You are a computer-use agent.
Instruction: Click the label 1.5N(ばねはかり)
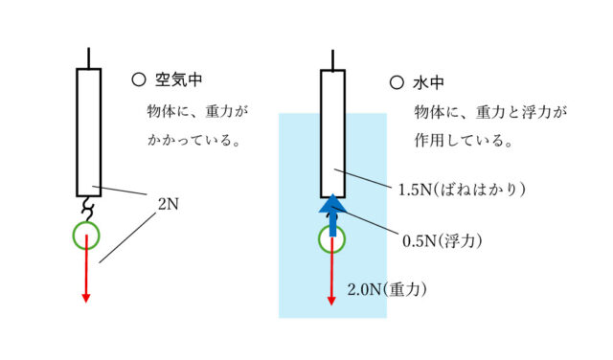tap(464, 189)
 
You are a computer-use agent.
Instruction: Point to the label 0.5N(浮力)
tap(442, 239)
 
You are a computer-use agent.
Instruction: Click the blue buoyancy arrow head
tap(332, 204)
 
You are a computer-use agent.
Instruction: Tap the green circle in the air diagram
tap(86, 235)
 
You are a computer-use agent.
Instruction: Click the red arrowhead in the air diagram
tap(86, 296)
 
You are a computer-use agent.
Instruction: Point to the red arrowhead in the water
tap(332, 299)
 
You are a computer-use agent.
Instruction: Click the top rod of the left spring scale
tap(88, 57)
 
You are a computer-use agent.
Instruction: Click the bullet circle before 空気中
tap(139, 81)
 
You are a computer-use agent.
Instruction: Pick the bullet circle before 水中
tap(397, 82)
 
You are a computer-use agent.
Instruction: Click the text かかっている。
tap(187, 141)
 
